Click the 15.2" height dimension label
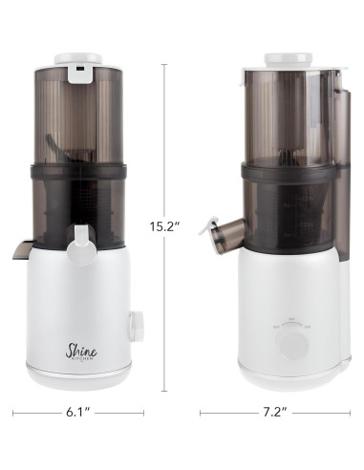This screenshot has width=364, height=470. tap(165, 226)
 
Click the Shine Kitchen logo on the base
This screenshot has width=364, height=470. tap(81, 352)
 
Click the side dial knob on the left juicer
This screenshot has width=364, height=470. tap(136, 326)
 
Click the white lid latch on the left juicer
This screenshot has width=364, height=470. tap(79, 74)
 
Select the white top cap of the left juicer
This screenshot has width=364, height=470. tap(78, 59)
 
